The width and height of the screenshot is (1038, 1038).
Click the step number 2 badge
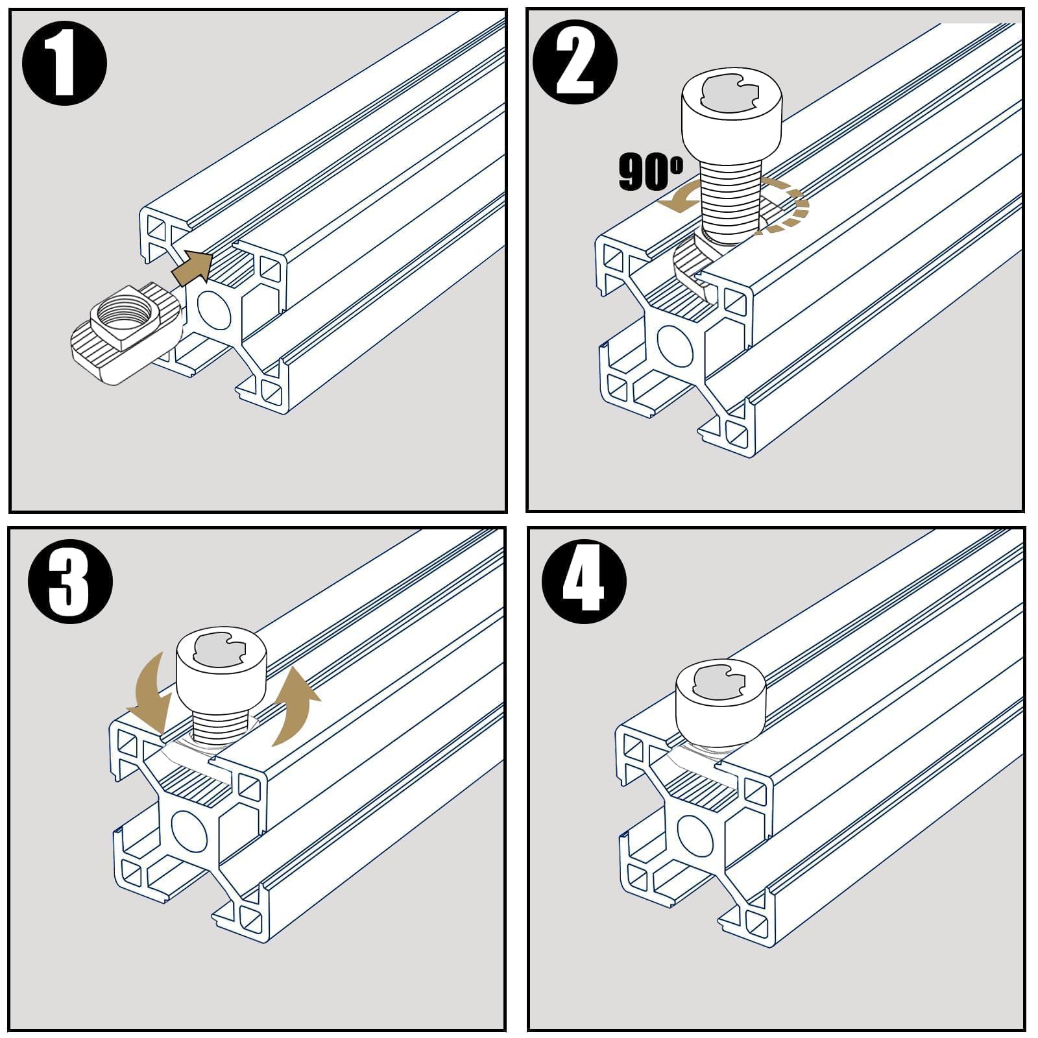[575, 63]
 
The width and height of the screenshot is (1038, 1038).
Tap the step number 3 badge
[70, 581]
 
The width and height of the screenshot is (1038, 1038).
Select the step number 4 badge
[584, 580]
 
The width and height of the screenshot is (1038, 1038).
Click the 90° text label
[649, 171]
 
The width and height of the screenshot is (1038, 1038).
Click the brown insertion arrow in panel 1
[193, 266]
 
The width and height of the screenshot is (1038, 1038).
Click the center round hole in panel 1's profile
[213, 308]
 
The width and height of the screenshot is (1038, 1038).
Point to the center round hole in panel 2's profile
[675, 343]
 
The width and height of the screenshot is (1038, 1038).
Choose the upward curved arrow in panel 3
[295, 707]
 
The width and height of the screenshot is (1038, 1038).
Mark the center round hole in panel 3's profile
[189, 831]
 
